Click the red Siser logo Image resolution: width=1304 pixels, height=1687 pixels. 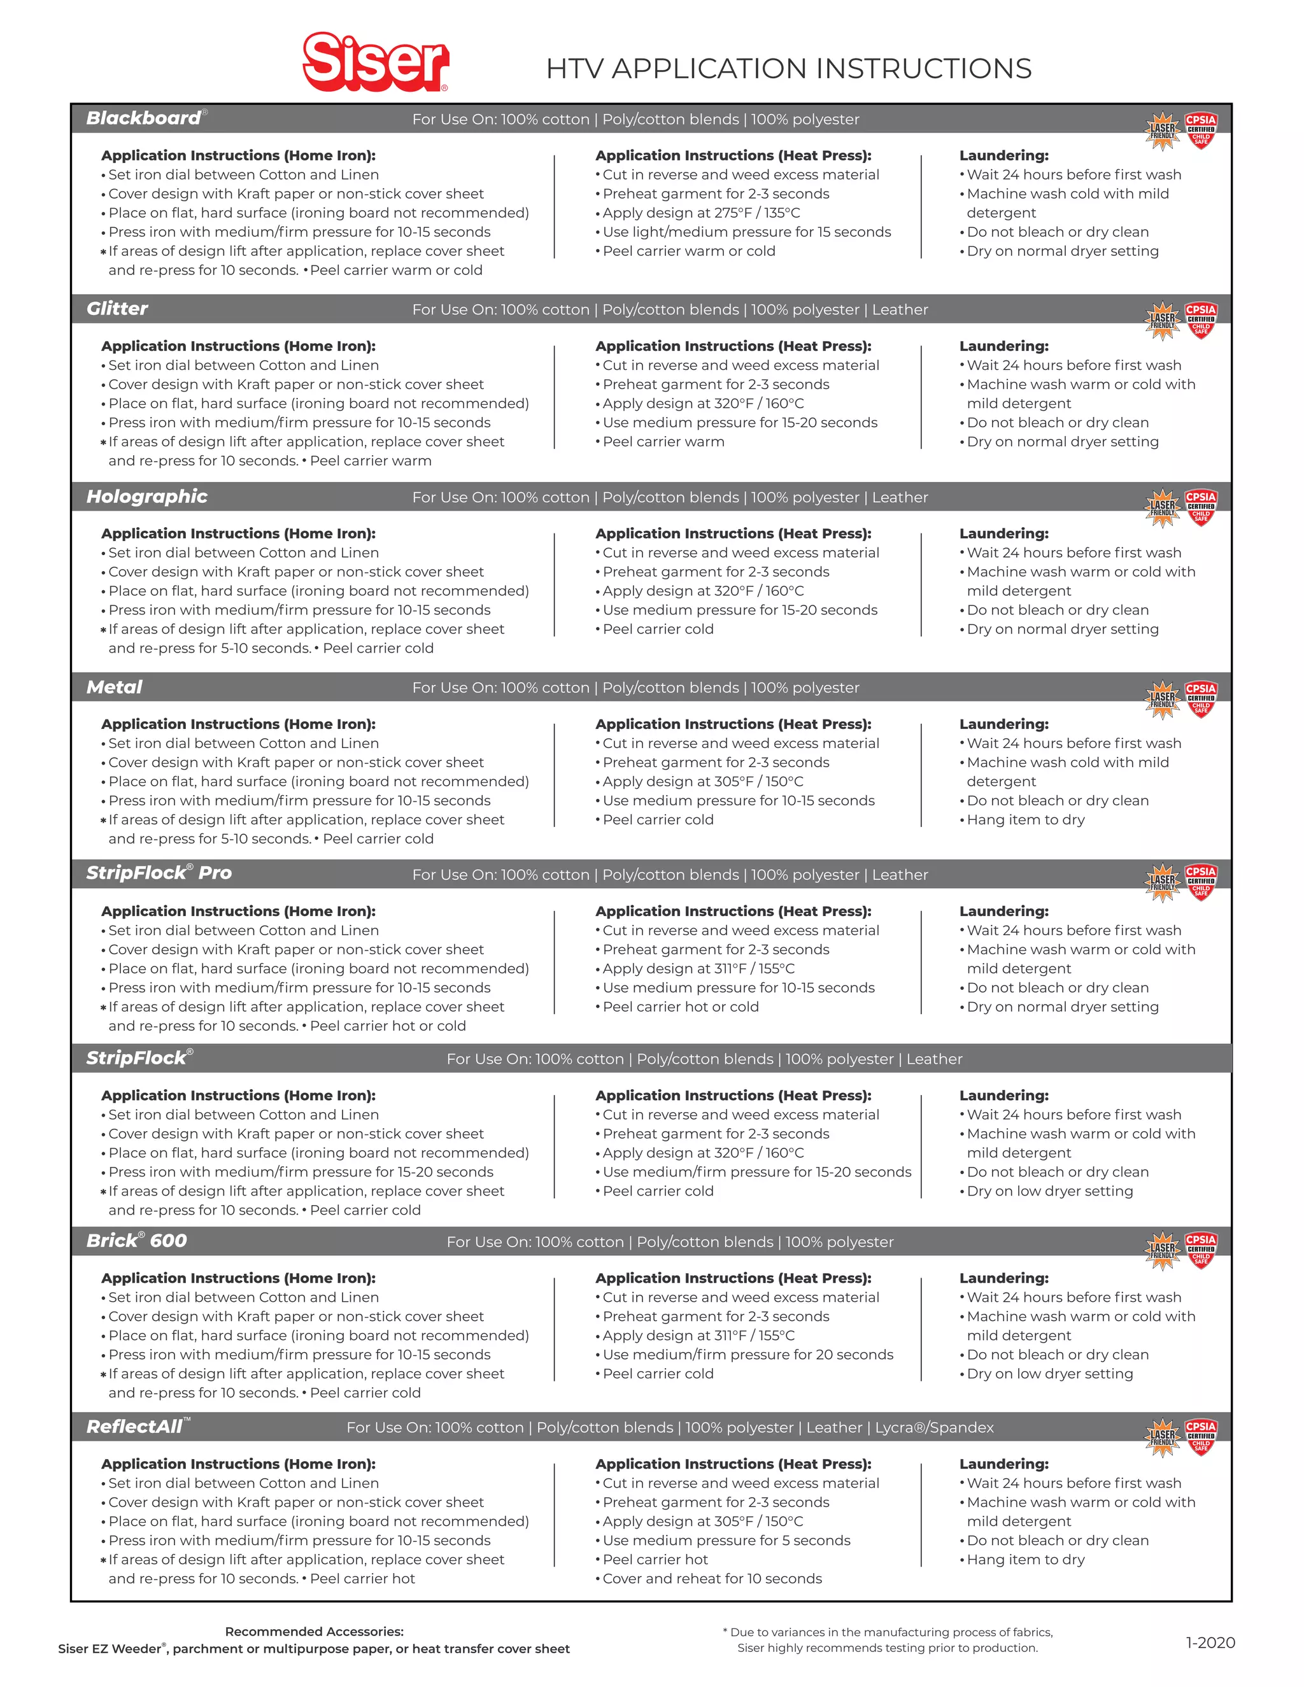click(x=376, y=61)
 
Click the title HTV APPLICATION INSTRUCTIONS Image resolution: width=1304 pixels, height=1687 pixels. click(x=788, y=69)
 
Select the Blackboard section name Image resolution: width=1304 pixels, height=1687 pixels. click(x=144, y=118)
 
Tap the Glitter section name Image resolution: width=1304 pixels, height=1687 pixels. click(x=117, y=309)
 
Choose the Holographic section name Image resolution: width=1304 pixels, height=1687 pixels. click(x=147, y=497)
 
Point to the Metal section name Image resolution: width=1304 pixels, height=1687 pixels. click(x=115, y=688)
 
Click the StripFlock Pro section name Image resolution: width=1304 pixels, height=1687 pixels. click(x=159, y=873)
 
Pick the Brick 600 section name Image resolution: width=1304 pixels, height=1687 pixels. click(x=136, y=1241)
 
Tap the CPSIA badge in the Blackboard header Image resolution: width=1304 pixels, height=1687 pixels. click(x=1200, y=130)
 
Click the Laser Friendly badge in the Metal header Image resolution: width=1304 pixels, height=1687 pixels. click(x=1163, y=699)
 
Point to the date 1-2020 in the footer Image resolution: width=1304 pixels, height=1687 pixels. click(x=1210, y=1642)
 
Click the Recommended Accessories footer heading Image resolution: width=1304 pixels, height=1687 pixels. click(x=314, y=1632)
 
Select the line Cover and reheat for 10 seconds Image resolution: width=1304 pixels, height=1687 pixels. click(x=711, y=1579)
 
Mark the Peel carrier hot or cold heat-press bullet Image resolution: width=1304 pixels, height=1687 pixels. click(x=680, y=1007)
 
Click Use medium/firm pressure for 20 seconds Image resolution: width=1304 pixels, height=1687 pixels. click(x=747, y=1355)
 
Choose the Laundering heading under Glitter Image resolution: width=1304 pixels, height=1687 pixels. click(x=1003, y=346)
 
